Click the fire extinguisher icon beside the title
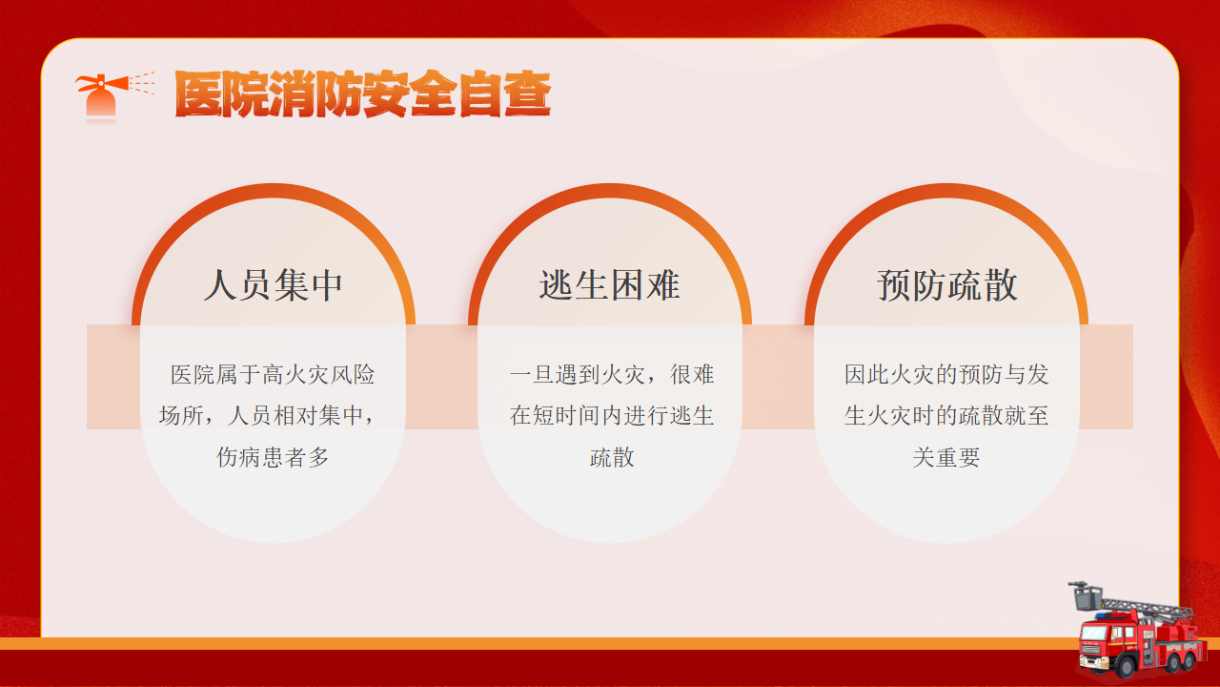112,96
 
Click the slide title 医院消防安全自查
363,94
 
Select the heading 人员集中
273,284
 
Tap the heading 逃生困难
609,284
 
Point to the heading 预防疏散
946,284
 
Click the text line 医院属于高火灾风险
273,375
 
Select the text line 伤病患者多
273,457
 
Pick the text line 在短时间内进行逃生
612,415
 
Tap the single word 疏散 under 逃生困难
612,457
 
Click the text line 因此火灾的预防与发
946,375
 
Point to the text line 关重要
946,457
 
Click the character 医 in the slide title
197,94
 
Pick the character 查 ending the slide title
528,94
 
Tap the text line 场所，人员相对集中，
268,415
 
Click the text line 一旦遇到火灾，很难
612,375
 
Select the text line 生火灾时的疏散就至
946,415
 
